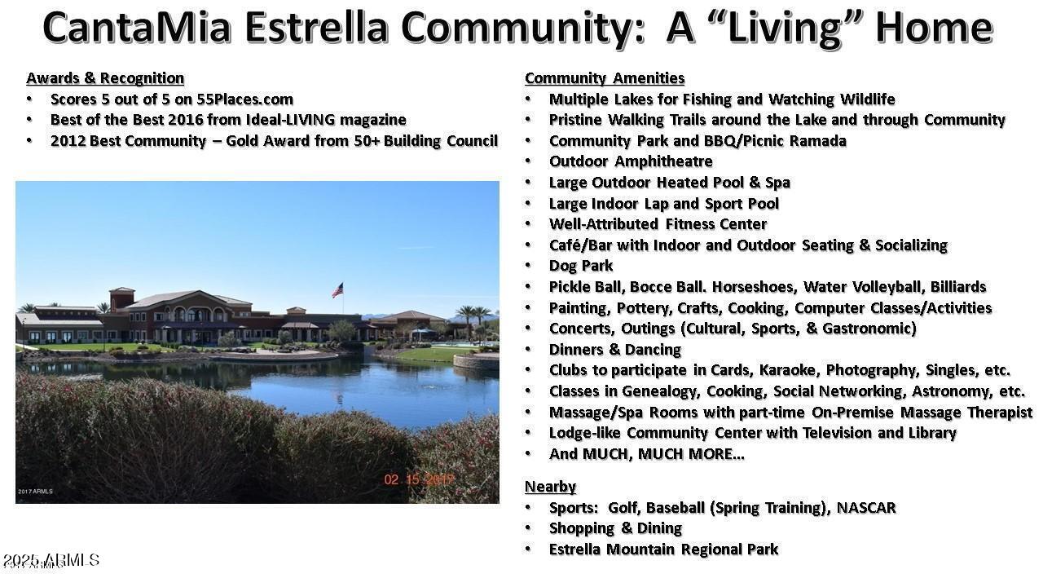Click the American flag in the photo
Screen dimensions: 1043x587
tap(337, 289)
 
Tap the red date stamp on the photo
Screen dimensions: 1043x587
tap(419, 479)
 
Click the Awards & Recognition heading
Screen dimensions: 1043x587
tap(105, 77)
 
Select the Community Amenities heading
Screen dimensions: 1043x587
tap(605, 77)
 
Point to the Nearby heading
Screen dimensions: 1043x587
tap(550, 487)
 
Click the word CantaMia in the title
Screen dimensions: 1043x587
tap(137, 27)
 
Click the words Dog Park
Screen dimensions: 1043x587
tap(581, 266)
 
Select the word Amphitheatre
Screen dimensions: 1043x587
tap(663, 161)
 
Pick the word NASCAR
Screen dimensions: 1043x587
tap(866, 507)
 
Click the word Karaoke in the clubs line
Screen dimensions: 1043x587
tap(790, 370)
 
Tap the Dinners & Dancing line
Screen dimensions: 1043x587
tap(615, 350)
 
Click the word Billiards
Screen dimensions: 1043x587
tap(958, 286)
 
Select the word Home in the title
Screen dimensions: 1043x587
tap(935, 27)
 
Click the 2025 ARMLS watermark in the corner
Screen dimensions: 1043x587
tap(51, 559)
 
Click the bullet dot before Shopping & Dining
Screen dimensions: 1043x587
tap(528, 527)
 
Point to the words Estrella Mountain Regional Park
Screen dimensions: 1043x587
tap(663, 549)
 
